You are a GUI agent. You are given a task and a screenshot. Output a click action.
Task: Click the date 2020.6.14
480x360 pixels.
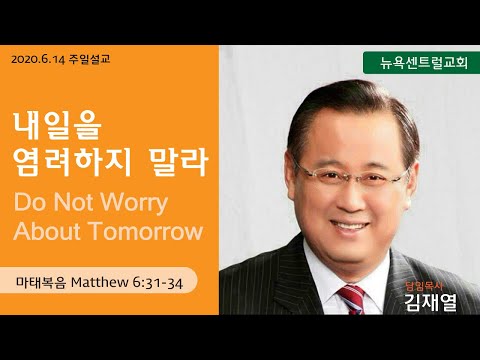[38, 60]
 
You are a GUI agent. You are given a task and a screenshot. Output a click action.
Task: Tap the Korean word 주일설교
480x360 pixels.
[89, 59]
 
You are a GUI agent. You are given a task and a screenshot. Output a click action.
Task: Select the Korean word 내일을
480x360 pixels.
[57, 126]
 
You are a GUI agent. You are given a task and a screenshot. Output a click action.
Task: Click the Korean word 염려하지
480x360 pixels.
[72, 162]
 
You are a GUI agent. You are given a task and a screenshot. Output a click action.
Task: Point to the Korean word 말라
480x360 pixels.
[179, 162]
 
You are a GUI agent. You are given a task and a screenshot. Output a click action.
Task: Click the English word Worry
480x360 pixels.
[134, 203]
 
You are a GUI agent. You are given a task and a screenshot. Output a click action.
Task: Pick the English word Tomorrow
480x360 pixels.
[147, 231]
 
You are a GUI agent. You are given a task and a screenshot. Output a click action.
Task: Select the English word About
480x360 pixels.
[47, 231]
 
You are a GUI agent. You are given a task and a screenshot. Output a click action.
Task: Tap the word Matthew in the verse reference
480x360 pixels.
[100, 283]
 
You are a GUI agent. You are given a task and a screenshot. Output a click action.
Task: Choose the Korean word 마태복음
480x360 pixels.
[41, 283]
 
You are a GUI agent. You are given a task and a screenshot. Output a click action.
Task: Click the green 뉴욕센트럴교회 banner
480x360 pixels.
[421, 63]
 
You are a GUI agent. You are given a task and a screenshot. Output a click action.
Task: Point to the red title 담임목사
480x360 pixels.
[424, 286]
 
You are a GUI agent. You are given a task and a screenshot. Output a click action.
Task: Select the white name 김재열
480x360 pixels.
[430, 302]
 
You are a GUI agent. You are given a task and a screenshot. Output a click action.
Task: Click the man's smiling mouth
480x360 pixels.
[350, 227]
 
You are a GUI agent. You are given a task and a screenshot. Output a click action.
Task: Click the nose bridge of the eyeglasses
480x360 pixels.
[355, 176]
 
